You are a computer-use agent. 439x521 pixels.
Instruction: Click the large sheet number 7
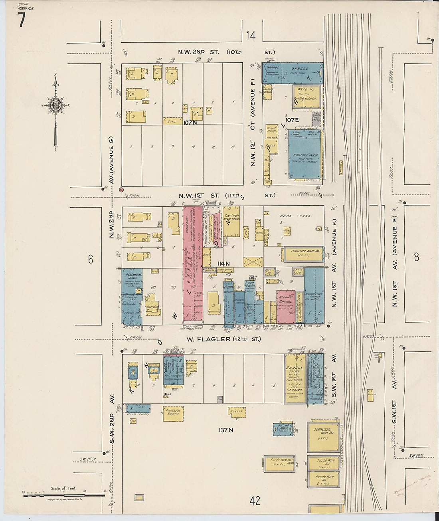(x=21, y=20)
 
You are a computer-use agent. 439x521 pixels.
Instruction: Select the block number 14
(x=250, y=36)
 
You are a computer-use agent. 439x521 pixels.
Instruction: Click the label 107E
(x=292, y=120)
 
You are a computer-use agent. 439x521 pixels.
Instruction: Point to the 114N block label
(x=223, y=263)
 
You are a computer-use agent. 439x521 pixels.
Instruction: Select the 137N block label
(x=225, y=430)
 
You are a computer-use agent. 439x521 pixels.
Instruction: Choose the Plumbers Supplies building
(x=173, y=414)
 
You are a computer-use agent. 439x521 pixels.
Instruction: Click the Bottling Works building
(x=283, y=428)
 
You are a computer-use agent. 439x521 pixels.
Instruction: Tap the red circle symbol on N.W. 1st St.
(x=121, y=190)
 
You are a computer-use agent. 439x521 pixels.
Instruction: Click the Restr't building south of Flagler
(x=237, y=412)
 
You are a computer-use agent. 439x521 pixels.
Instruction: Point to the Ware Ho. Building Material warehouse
(x=306, y=96)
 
